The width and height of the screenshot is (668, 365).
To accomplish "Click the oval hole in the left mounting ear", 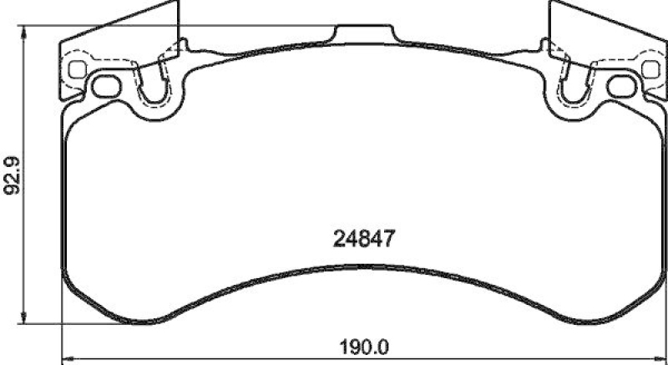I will (106, 85).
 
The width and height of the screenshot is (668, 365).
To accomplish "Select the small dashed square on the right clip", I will (650, 69).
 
